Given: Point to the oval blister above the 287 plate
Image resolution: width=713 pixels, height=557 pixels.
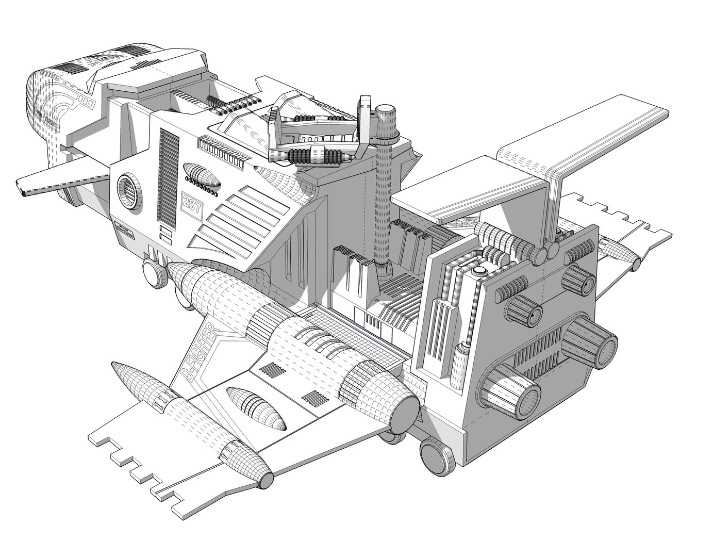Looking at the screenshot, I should click(202, 175).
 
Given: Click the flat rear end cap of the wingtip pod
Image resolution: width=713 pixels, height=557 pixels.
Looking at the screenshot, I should click(266, 481).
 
